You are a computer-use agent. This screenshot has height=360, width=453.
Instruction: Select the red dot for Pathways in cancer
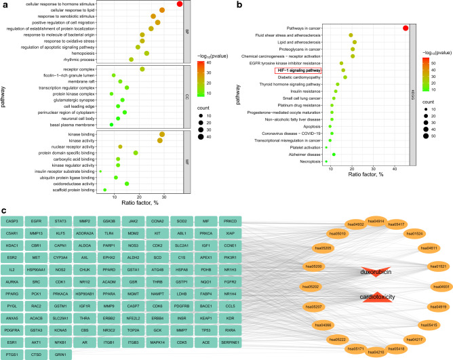pos(406,28)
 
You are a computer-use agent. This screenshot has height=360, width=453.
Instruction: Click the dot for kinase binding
pos(160,135)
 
